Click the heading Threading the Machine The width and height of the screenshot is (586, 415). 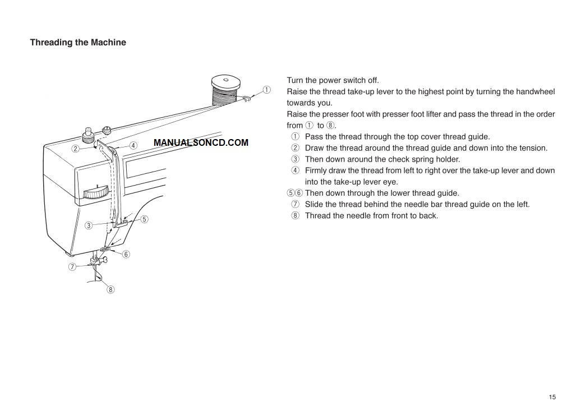click(78, 43)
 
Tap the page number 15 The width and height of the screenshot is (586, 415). click(552, 397)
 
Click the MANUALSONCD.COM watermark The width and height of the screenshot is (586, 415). click(201, 142)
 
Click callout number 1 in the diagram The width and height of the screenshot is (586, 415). click(266, 90)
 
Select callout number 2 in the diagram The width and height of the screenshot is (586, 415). click(75, 149)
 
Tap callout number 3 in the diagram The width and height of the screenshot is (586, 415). click(89, 225)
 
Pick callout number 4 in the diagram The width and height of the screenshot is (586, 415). click(133, 146)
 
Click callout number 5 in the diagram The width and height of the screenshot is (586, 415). click(145, 219)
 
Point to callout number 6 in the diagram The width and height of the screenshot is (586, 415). click(126, 254)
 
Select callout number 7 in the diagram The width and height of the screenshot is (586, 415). click(72, 267)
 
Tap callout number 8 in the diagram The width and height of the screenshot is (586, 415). click(111, 289)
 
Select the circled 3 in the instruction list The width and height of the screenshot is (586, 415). click(296, 159)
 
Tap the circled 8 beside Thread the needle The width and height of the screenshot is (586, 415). click(296, 216)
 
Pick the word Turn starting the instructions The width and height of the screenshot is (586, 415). click(295, 81)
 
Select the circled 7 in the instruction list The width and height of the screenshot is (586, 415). click(296, 205)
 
